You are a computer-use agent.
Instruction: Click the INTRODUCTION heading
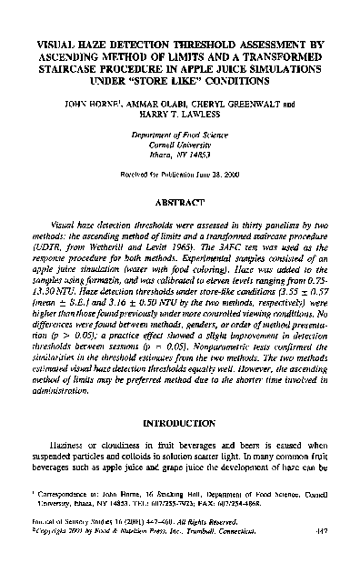pyautogui.click(x=180, y=424)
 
